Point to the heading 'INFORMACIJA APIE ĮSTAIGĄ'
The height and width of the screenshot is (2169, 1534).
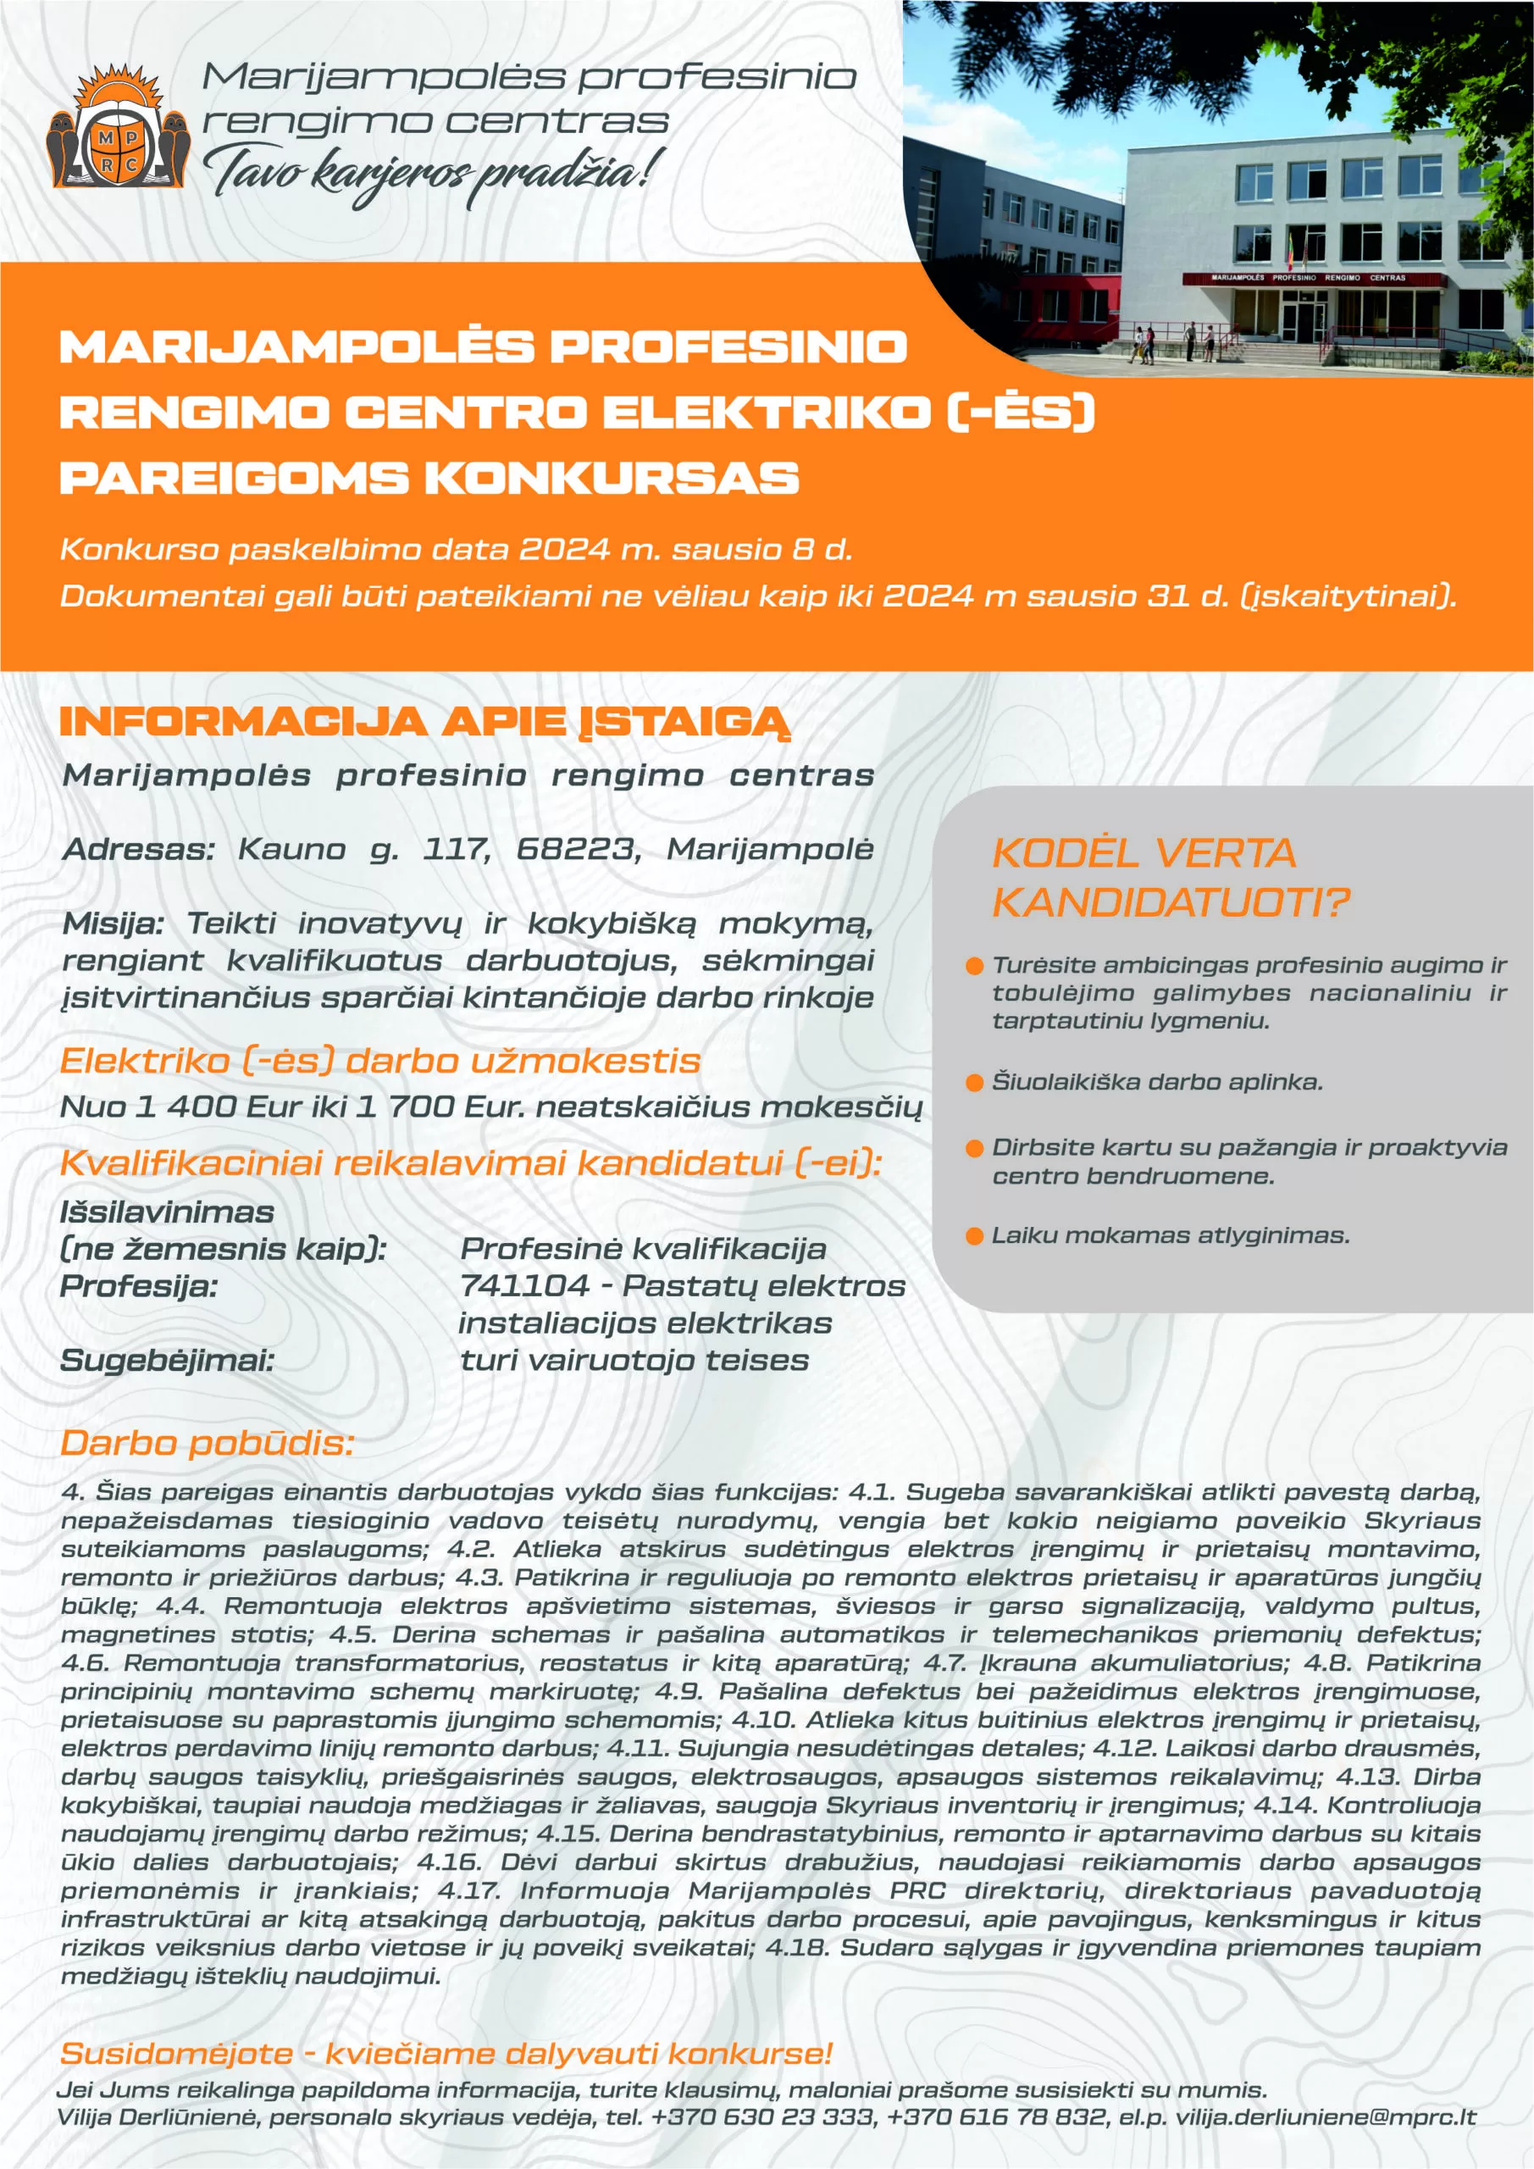(x=424, y=722)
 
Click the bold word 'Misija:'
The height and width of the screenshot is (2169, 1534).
(x=114, y=923)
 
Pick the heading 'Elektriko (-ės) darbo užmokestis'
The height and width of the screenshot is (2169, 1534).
(x=379, y=1061)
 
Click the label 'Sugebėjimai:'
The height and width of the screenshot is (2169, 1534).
(x=167, y=1361)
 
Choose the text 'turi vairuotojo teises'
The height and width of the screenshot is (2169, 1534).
(x=634, y=1361)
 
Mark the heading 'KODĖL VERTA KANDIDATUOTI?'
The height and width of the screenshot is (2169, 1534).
(x=1170, y=878)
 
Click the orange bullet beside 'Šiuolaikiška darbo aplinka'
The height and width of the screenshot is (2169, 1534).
(x=975, y=1083)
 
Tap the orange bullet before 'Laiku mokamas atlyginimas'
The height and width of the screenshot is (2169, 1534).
(x=975, y=1237)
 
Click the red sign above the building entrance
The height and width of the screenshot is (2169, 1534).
(x=1314, y=279)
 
